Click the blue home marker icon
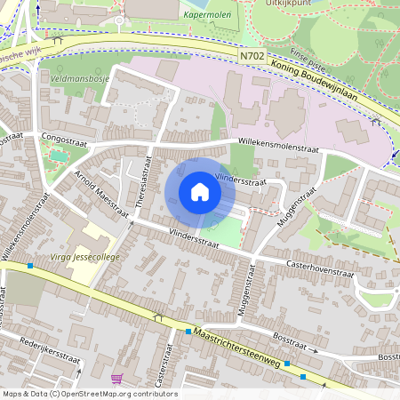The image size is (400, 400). [200, 192]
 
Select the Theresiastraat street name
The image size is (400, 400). [140, 184]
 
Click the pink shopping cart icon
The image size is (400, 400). [116, 379]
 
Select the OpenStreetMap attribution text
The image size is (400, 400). [90, 393]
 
